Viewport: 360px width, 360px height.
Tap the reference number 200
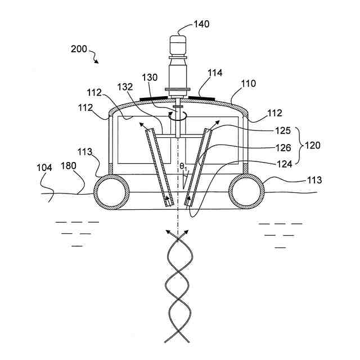coord(79,49)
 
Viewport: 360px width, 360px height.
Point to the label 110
coord(248,84)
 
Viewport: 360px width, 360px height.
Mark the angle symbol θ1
coord(183,167)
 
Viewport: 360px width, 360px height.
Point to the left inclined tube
coord(159,166)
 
